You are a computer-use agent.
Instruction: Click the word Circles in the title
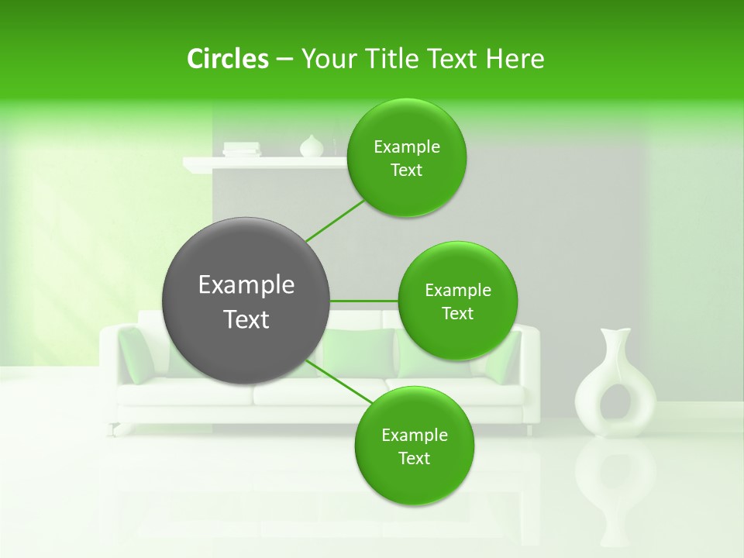pos(228,59)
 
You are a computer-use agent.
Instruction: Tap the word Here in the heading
pos(515,59)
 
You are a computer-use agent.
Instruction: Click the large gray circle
pos(246,301)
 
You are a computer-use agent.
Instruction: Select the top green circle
pos(406,158)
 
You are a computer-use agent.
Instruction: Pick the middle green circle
pos(457,301)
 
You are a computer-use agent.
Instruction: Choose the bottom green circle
pos(414,446)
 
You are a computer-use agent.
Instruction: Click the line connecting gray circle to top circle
pos(335,220)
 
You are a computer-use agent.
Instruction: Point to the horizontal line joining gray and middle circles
pos(364,301)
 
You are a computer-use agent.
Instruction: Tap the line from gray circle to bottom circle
pos(339,382)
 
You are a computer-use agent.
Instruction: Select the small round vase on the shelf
pos(311,146)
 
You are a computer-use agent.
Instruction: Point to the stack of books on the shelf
pos(241,149)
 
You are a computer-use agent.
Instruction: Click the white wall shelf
pos(263,163)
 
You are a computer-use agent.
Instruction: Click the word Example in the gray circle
pos(246,285)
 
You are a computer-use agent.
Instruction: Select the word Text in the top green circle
pos(406,170)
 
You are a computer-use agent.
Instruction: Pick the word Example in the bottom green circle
pos(414,435)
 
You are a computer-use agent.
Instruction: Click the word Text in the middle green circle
pos(457,314)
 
